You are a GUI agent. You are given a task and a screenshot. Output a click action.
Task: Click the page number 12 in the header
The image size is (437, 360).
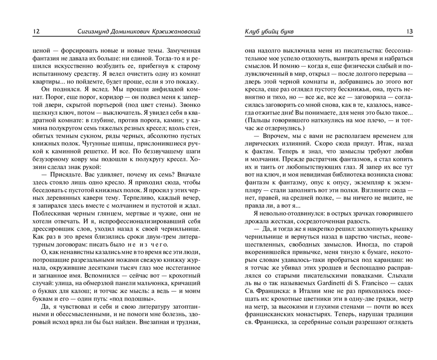point(36,31)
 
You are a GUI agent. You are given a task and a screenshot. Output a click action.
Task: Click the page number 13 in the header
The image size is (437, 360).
point(409,31)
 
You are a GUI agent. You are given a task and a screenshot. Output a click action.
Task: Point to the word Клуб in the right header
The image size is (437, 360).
point(252,31)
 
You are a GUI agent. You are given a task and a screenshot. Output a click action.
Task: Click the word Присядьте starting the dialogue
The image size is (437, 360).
point(61,178)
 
